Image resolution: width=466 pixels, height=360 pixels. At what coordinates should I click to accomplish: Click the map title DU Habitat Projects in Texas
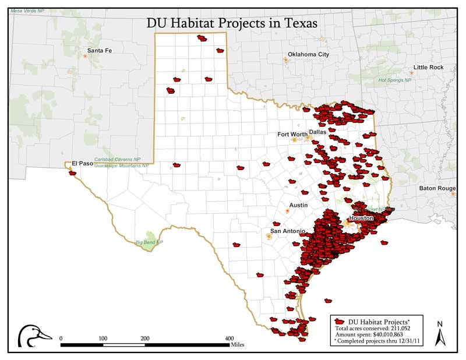(x=232, y=24)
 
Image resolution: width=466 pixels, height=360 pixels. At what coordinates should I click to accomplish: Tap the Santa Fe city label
(x=100, y=51)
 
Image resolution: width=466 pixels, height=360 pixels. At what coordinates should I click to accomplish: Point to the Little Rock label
(x=428, y=68)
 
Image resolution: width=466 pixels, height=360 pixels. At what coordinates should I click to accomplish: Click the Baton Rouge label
(x=437, y=188)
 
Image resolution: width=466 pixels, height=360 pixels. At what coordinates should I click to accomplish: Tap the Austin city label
(x=298, y=206)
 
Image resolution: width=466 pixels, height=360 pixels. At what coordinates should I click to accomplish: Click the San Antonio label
(x=287, y=231)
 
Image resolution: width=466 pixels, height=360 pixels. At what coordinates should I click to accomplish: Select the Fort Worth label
(x=292, y=135)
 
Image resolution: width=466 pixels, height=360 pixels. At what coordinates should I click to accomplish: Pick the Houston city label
(x=361, y=218)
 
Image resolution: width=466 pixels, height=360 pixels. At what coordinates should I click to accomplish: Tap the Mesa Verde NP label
(x=26, y=12)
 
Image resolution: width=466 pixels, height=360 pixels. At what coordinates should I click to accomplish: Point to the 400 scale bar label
(x=229, y=338)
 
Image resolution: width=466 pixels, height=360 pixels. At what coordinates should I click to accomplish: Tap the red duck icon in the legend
(x=340, y=322)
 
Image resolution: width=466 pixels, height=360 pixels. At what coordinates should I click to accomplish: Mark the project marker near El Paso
(x=72, y=173)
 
